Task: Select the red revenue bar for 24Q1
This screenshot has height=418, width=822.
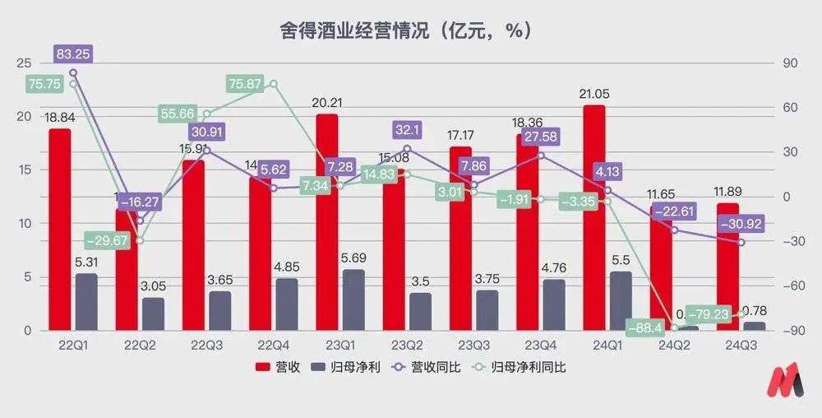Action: pos(593,218)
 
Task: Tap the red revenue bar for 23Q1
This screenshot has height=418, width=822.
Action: pos(326,222)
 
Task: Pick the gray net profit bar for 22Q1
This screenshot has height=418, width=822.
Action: pos(86,302)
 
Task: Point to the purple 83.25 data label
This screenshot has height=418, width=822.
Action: pos(73,54)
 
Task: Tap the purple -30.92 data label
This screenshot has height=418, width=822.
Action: pos(741,223)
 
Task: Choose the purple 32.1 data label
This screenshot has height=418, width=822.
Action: pos(407,129)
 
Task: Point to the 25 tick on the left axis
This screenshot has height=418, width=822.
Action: pos(24,63)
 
